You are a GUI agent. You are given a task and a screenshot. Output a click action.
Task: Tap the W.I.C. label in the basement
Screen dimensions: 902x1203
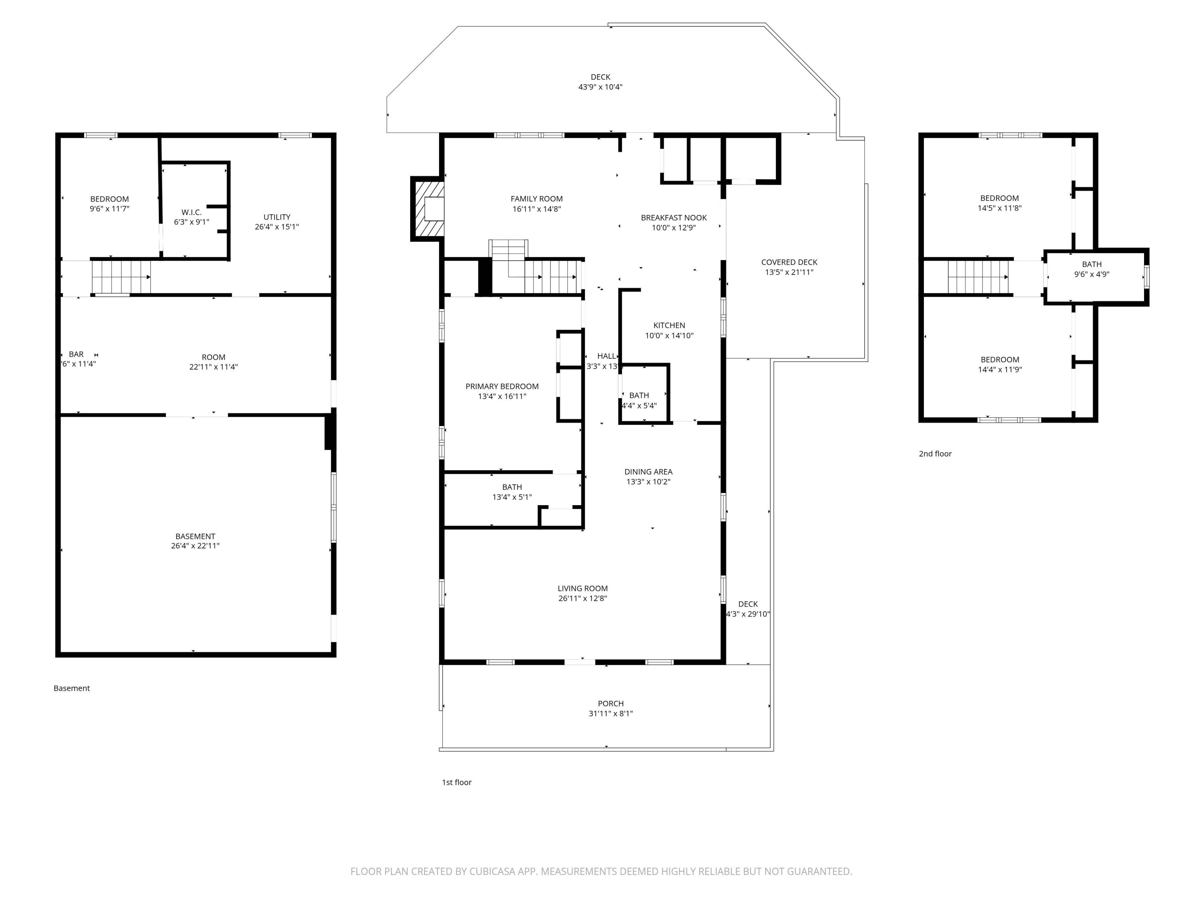point(191,212)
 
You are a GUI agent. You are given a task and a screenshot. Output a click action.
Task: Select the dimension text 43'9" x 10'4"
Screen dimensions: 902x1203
point(600,87)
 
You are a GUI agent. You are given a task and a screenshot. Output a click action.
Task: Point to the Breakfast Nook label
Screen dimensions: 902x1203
point(673,217)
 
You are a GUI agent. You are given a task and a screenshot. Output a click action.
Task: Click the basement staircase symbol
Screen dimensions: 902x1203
point(121,277)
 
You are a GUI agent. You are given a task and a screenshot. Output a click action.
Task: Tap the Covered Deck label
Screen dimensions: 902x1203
point(789,262)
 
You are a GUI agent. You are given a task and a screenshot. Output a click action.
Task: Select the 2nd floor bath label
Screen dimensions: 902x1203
point(1091,264)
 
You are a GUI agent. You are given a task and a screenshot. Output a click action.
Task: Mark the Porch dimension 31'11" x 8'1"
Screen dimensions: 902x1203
point(610,713)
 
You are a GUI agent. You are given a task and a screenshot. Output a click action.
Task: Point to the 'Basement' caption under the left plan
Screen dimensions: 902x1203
point(71,688)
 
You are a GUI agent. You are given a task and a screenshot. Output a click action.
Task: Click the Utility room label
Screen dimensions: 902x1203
point(277,217)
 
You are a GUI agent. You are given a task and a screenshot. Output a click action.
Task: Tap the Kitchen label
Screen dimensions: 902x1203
point(668,325)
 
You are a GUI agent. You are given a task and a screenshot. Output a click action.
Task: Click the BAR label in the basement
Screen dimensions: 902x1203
point(76,354)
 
